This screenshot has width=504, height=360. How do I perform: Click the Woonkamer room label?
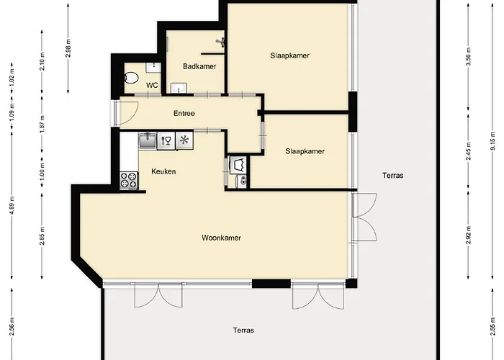click(x=221, y=238)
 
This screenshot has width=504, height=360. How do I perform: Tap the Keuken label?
click(x=163, y=171)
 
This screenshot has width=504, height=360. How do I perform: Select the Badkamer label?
click(x=199, y=66)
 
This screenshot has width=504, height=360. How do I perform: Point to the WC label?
click(x=152, y=85)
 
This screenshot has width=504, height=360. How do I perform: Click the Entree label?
click(x=184, y=113)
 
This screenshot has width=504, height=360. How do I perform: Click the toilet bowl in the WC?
click(x=131, y=78)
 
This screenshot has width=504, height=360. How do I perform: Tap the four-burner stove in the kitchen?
click(x=129, y=180)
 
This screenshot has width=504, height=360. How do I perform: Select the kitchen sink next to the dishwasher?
click(x=148, y=140)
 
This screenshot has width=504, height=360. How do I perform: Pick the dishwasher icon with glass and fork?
click(x=166, y=140)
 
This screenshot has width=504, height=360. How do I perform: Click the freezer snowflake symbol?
click(x=184, y=140)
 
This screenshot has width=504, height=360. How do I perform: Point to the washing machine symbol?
click(x=238, y=165)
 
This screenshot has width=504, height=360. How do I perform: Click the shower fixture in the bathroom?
click(x=221, y=42)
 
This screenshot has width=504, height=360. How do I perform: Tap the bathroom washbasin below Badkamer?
click(x=179, y=88)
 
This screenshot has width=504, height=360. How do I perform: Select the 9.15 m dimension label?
click(x=493, y=141)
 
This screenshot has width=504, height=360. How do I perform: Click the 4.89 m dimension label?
click(x=12, y=204)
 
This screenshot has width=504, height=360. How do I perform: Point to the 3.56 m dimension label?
click(x=468, y=56)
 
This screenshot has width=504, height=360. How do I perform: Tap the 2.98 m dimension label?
click(x=68, y=48)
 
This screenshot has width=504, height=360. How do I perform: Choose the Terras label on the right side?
click(x=393, y=176)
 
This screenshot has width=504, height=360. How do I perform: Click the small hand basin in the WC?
click(x=153, y=68)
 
